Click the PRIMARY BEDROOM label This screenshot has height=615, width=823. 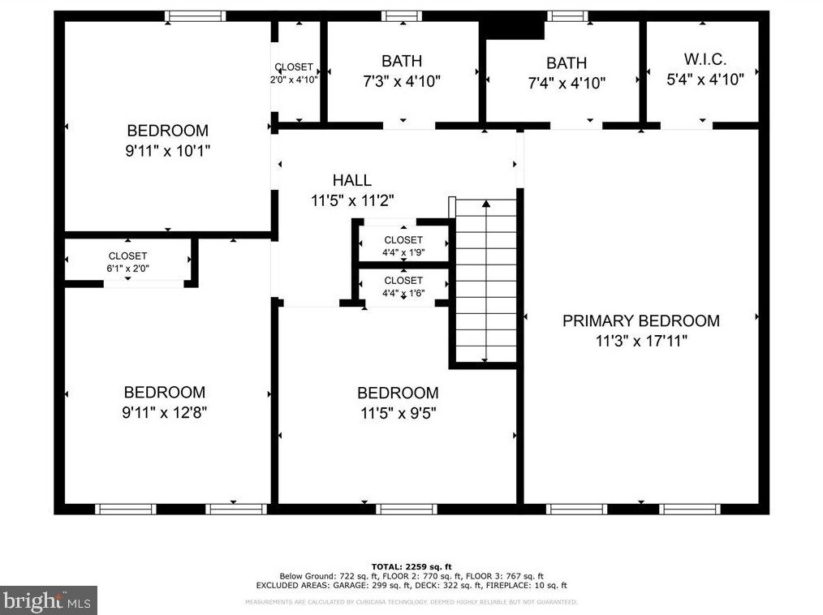click(641, 320)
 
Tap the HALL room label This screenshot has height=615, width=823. click(352, 180)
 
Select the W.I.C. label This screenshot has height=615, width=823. click(705, 58)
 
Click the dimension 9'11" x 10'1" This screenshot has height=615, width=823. click(167, 151)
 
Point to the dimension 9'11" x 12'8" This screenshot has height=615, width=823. click(165, 412)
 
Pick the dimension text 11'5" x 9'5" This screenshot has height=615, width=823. click(399, 413)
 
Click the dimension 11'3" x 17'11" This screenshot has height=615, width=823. click(641, 341)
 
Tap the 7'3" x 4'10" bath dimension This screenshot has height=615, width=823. click(402, 81)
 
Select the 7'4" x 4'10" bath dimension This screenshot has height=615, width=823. click(567, 83)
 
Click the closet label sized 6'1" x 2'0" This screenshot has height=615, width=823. click(127, 256)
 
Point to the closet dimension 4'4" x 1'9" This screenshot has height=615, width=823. click(403, 252)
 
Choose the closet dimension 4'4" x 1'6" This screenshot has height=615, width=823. click(403, 294)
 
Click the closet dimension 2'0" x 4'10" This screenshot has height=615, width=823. click(294, 80)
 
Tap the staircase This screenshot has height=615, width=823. click(486, 281)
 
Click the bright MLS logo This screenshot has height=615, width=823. click(48, 600)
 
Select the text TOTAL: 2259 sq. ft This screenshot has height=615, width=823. click(411, 566)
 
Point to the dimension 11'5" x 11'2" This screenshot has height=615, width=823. click(352, 200)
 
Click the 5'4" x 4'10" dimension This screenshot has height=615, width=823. click(705, 80)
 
